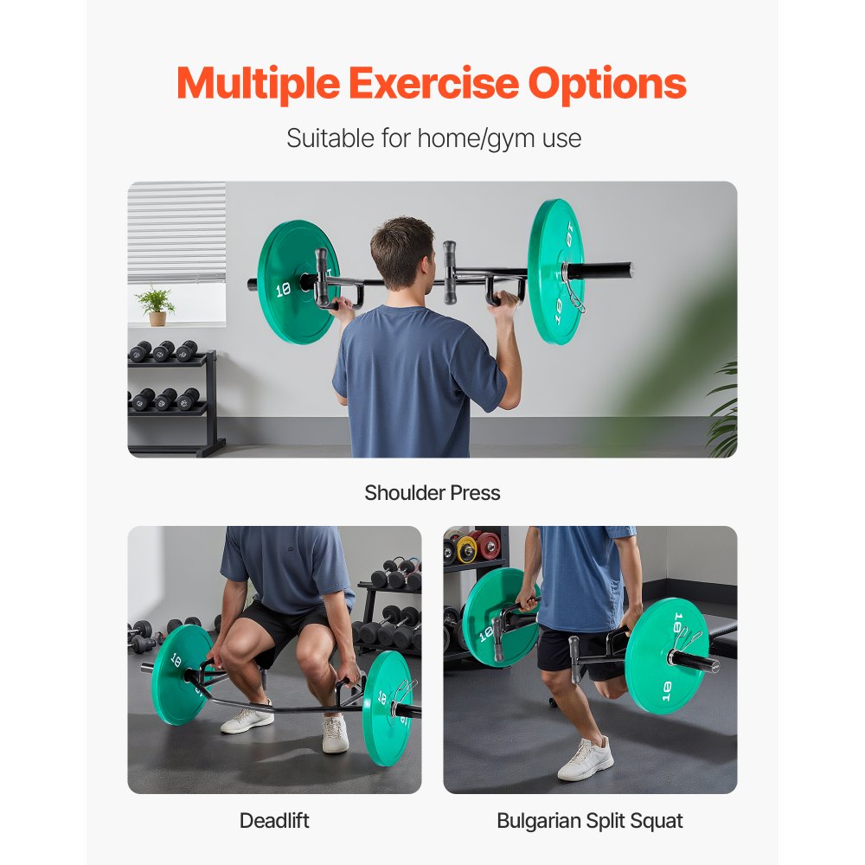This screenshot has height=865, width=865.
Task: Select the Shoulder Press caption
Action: click(432, 493)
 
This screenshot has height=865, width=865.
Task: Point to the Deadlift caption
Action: click(274, 820)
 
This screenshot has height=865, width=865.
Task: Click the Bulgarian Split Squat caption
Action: click(590, 820)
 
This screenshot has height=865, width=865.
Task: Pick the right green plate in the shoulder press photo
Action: click(555, 271)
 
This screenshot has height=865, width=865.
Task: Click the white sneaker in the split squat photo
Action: click(586, 759)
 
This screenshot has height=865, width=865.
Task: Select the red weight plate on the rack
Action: click(490, 545)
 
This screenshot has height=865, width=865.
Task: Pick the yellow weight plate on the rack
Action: click(468, 548)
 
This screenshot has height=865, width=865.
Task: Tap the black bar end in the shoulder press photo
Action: click(611, 270)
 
